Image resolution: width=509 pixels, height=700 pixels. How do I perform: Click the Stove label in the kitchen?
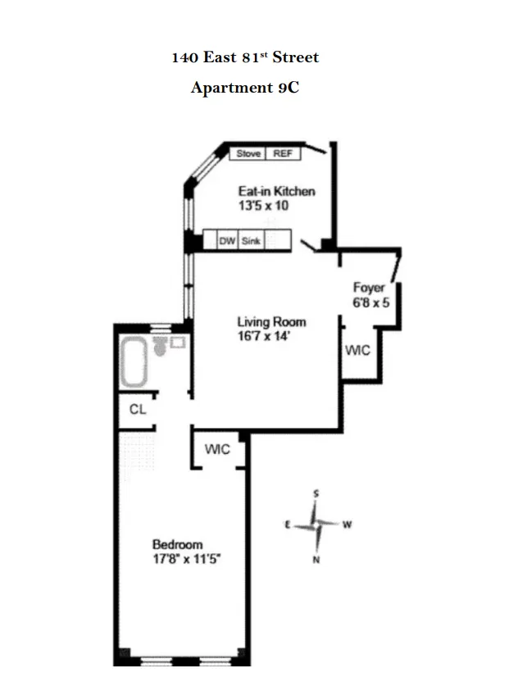[x=248, y=153]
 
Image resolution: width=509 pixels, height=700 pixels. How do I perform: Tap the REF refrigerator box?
[x=283, y=153]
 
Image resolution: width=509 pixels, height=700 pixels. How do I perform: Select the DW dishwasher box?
[x=227, y=241]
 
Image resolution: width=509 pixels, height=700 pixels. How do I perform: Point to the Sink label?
[x=251, y=241]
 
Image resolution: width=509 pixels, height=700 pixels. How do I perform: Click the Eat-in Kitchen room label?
[x=276, y=192]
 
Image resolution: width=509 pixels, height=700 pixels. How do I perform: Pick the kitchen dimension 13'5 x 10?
[x=263, y=206]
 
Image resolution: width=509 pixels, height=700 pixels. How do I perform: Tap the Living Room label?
[x=271, y=321]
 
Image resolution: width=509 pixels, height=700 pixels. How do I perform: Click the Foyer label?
[x=369, y=287]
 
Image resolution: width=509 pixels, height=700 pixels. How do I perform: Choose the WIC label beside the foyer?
[x=357, y=350]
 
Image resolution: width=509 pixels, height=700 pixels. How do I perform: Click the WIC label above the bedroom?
[x=217, y=449]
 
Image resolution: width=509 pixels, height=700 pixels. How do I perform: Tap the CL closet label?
[x=138, y=409]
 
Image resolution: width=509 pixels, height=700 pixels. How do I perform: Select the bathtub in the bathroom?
[x=134, y=362]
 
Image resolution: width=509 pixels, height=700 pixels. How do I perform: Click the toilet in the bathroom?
[x=161, y=348]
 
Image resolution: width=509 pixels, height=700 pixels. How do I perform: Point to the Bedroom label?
[x=178, y=544]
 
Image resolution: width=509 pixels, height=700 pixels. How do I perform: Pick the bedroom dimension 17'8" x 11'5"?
[x=188, y=559]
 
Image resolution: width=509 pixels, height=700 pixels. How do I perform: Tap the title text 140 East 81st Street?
[x=245, y=58]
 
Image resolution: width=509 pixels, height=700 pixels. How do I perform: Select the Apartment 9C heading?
[x=244, y=88]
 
